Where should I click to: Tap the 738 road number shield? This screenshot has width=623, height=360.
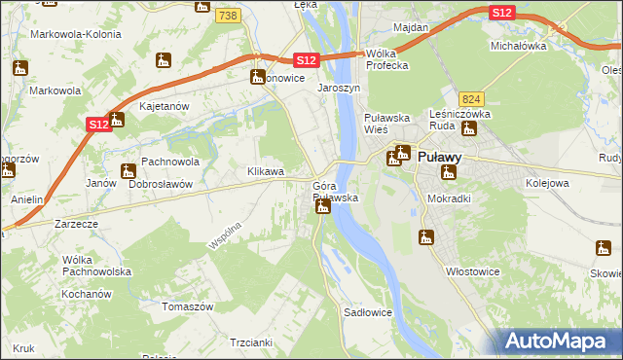pos(228,17)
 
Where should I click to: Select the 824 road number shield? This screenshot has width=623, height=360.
pos(472,99)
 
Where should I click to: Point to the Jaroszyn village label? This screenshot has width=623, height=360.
pos(339,87)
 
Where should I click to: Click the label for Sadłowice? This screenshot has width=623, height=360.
pos(368,312)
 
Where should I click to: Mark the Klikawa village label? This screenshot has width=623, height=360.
pos(266,171)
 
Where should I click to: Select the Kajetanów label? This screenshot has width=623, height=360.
pos(163,105)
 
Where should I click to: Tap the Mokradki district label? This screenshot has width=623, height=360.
pos(449,198)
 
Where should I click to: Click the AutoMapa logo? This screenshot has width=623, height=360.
pos(558,342)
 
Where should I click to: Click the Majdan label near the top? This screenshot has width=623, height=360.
pos(412,27)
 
